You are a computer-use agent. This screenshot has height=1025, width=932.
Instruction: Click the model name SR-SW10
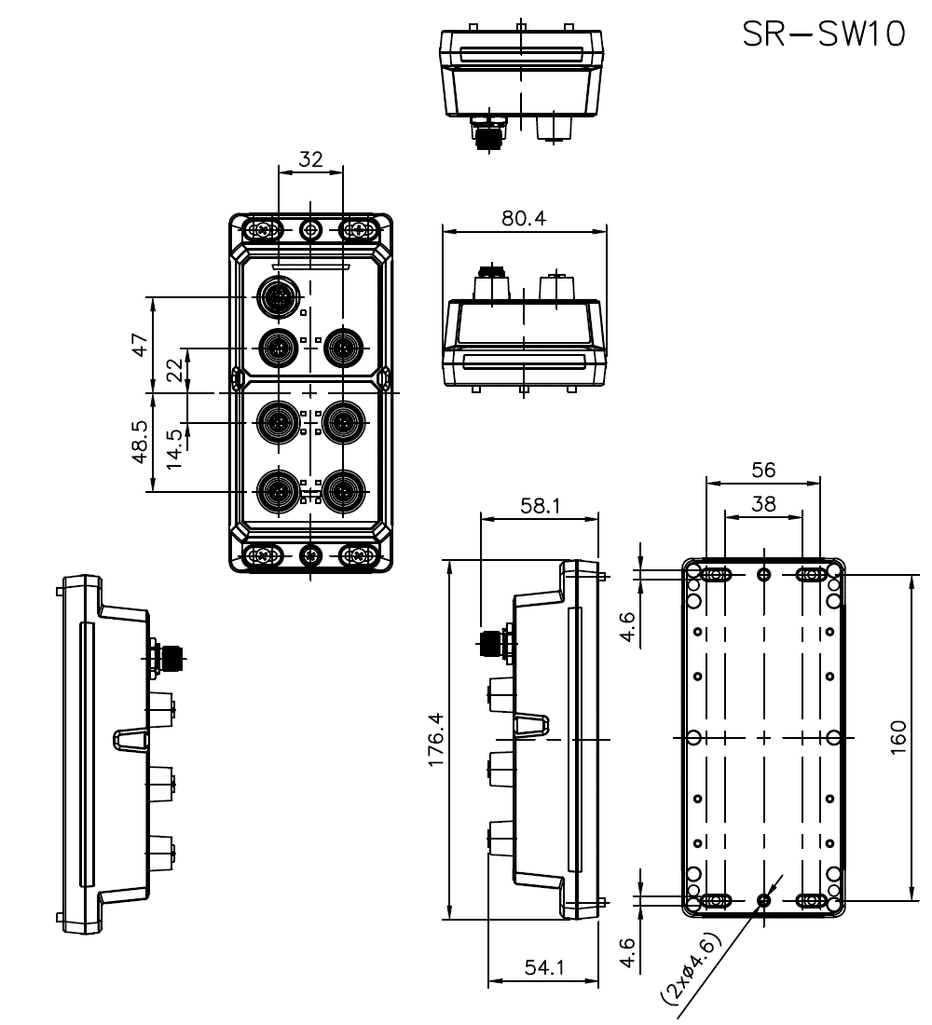point(823,34)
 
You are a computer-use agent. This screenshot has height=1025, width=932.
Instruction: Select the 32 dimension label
point(310,159)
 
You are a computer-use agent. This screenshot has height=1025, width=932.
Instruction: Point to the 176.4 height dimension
point(435,741)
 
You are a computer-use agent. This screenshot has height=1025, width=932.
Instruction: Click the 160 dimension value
point(898,738)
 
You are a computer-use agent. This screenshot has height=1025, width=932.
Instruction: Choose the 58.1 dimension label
point(540,505)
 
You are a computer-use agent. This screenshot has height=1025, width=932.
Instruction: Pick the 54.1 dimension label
point(543,968)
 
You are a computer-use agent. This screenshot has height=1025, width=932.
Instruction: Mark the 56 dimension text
point(763,471)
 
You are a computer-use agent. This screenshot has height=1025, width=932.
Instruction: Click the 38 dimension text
point(763,504)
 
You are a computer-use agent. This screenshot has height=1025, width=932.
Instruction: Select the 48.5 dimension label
point(139,441)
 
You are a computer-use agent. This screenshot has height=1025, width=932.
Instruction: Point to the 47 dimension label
point(139,346)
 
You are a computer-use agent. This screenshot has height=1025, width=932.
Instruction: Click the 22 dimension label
point(174,371)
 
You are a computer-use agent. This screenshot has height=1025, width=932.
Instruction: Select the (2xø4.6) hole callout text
point(692,966)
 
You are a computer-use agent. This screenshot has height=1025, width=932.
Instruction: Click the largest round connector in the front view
point(277,297)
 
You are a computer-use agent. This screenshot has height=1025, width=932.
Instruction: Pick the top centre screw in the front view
point(310,229)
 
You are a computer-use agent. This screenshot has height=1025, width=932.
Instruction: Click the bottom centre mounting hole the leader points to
point(764,900)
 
